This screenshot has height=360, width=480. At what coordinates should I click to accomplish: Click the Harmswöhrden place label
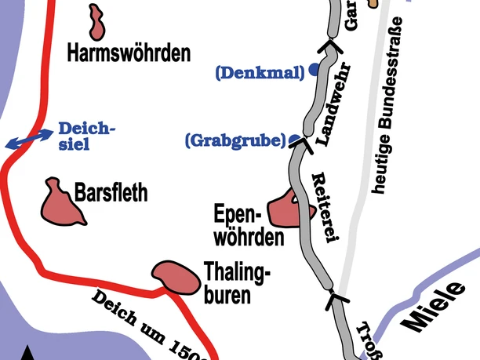coord(129,53)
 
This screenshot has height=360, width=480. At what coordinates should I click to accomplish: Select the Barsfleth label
coord(111,193)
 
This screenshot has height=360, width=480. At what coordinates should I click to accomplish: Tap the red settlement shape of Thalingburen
coord(175,277)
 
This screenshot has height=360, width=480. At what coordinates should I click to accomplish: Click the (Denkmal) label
coord(259,73)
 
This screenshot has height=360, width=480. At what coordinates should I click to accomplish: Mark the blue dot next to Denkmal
coord(314,69)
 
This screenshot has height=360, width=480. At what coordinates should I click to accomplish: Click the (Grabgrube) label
coord(235,141)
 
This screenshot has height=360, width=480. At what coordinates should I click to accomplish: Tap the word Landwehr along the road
coord(335,105)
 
